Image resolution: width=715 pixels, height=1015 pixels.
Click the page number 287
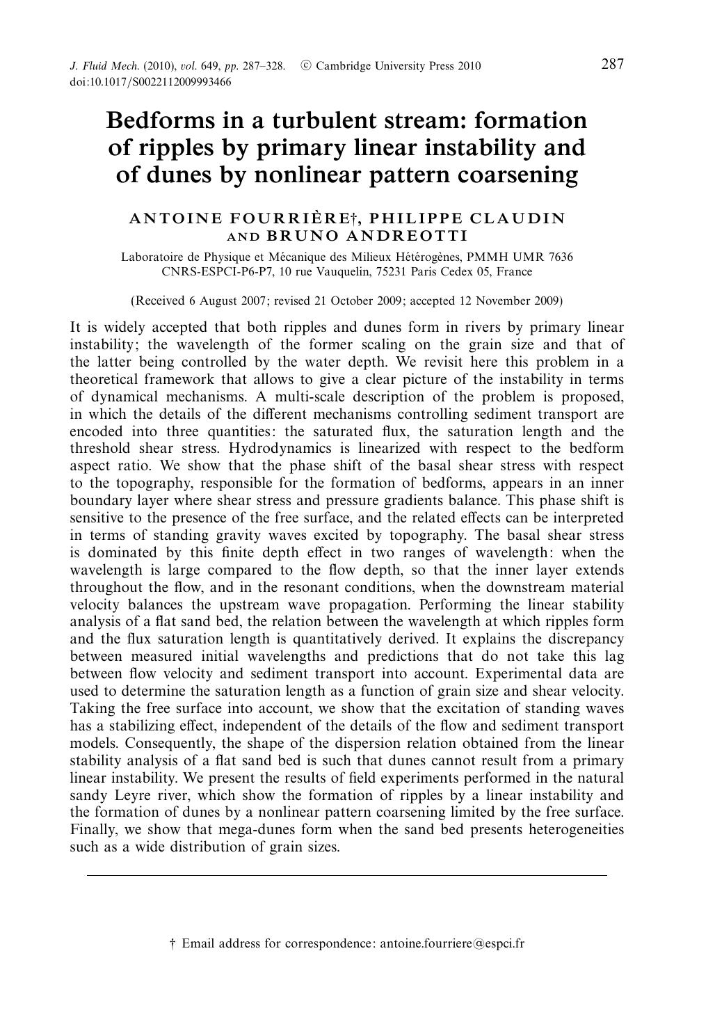612,65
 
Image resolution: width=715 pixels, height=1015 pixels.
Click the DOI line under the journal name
150,81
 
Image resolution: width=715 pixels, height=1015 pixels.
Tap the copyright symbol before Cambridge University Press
306,66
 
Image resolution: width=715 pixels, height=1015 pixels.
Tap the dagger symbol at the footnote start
173,943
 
